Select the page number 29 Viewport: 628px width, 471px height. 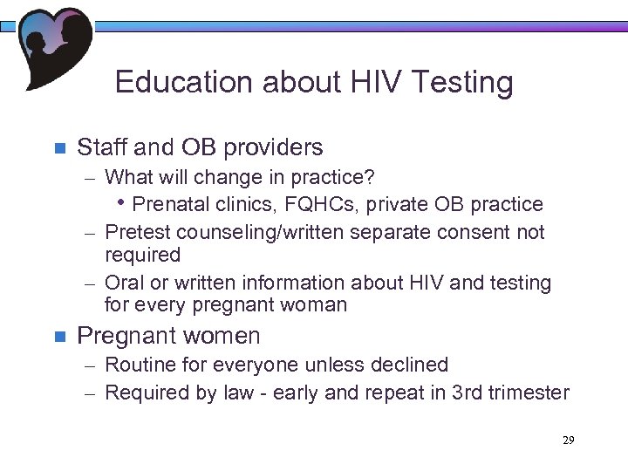click(x=568, y=440)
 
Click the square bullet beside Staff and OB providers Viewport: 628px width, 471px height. click(x=59, y=148)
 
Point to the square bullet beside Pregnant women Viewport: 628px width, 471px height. click(x=59, y=337)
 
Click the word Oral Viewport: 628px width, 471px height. click(x=123, y=283)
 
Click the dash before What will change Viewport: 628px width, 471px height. click(x=92, y=179)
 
